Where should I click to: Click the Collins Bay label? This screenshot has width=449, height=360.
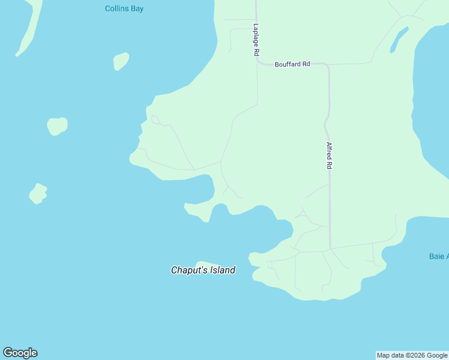click(124, 8)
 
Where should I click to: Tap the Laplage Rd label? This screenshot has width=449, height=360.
click(256, 40)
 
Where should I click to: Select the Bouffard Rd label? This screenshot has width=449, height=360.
click(292, 64)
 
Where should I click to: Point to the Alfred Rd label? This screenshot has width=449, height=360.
click(329, 155)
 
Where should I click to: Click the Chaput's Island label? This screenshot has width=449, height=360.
click(203, 271)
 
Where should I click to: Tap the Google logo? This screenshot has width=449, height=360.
click(20, 353)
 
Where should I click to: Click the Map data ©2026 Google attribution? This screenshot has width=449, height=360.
click(412, 356)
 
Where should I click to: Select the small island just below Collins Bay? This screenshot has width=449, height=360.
click(121, 61)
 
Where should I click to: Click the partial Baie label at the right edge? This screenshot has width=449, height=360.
click(439, 256)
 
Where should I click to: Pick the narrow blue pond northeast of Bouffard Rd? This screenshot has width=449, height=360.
click(399, 40)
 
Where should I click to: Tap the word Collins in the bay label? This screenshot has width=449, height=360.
click(116, 8)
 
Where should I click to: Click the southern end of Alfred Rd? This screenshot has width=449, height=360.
click(330, 247)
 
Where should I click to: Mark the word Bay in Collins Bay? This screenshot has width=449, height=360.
click(137, 8)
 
